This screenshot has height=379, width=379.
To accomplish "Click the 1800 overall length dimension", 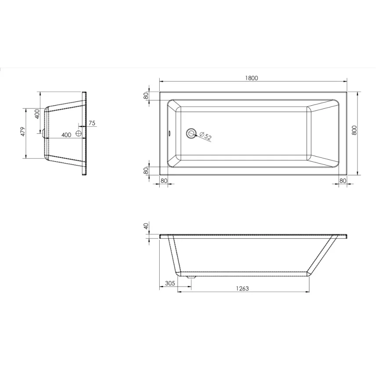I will point(252,78).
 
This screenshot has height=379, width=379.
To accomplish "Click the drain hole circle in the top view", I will point(191,133).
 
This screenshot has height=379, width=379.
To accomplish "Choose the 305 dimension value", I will point(170,283).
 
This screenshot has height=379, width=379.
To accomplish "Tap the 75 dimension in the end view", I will point(92,124).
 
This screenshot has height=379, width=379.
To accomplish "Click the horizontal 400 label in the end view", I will point(66,135).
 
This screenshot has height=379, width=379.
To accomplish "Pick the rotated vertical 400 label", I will point(38,114).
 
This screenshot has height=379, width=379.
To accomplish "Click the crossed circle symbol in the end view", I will point(79,134).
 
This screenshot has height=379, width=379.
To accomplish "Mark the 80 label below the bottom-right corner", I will point(343,180).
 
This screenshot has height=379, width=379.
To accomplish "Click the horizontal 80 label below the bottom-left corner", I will point(164,180).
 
